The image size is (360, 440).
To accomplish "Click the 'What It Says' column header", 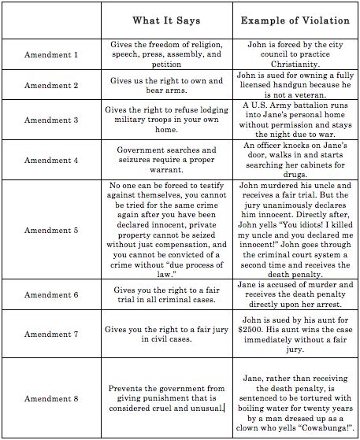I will coord(167,19).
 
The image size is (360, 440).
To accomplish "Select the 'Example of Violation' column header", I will coord(290,19).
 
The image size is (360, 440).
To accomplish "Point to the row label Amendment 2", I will coord(53,87).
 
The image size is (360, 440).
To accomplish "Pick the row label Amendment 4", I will coord(53,160).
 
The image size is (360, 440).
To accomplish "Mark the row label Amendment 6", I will coord(53,294).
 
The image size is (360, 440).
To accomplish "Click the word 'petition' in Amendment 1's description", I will coord(165,64).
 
